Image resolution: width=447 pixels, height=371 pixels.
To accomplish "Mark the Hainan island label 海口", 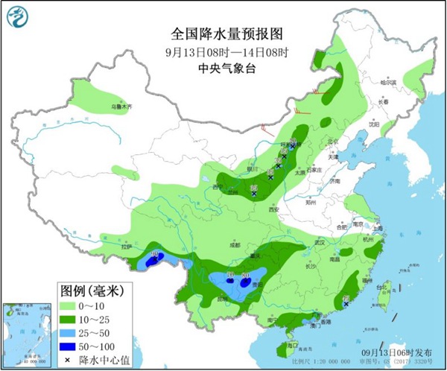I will pyautogui.click(x=293, y=345).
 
